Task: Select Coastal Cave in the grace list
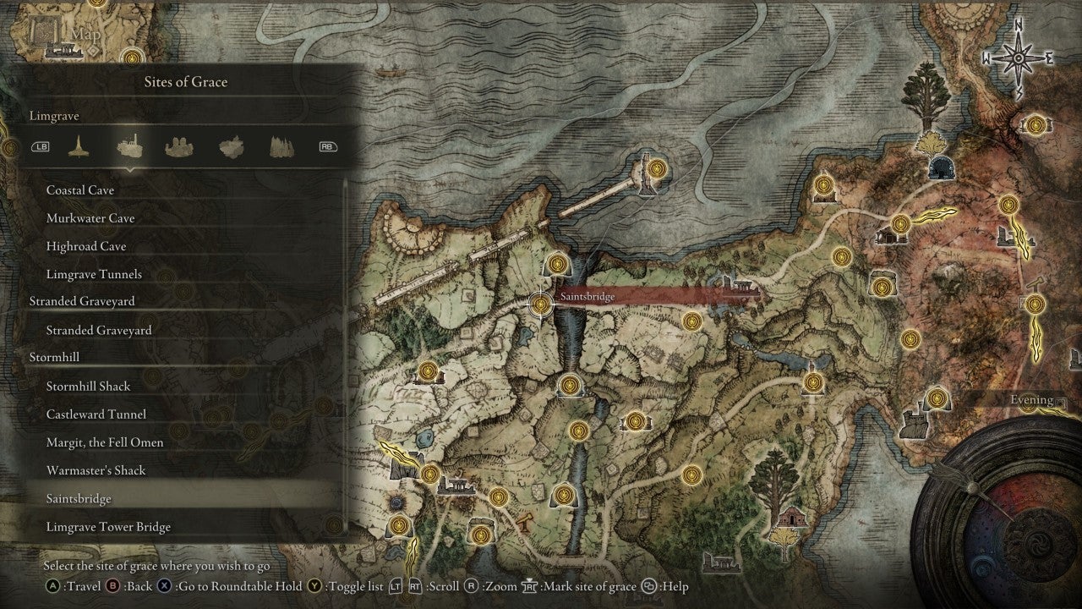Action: pyautogui.click(x=80, y=190)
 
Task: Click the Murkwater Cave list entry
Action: pyautogui.click(x=90, y=218)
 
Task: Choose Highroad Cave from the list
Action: pyautogui.click(x=86, y=246)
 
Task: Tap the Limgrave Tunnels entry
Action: pyautogui.click(x=94, y=274)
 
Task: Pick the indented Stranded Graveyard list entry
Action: pyautogui.click(x=99, y=330)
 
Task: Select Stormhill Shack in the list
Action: pyautogui.click(x=89, y=386)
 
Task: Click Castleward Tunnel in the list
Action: pyautogui.click(x=96, y=414)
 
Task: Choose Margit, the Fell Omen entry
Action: pyautogui.click(x=105, y=442)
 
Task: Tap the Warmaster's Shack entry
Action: pyautogui.click(x=96, y=470)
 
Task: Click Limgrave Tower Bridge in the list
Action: pyautogui.click(x=108, y=527)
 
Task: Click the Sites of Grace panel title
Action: pyautogui.click(x=186, y=82)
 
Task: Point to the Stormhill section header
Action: pyautogui.click(x=54, y=357)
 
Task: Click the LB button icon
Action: pyautogui.click(x=41, y=146)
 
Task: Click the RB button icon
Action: pyautogui.click(x=327, y=146)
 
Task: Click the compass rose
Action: pyautogui.click(x=1018, y=58)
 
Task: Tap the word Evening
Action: pyautogui.click(x=1032, y=400)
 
